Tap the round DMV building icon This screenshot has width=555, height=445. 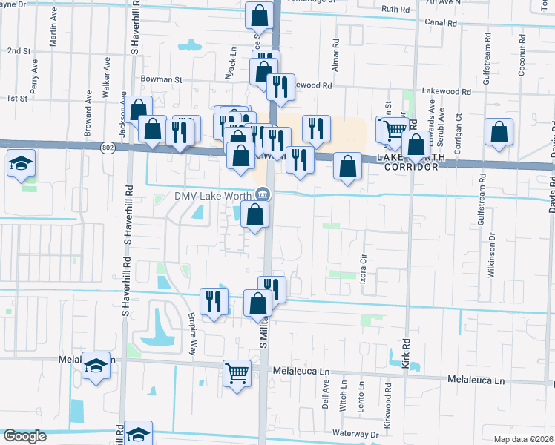[263, 195]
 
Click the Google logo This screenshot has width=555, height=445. [25, 436]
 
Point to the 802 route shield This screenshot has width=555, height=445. [108, 148]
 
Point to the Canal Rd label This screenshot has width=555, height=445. [440, 22]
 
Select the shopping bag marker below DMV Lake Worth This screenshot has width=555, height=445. [254, 214]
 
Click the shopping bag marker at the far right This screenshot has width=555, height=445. [499, 133]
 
